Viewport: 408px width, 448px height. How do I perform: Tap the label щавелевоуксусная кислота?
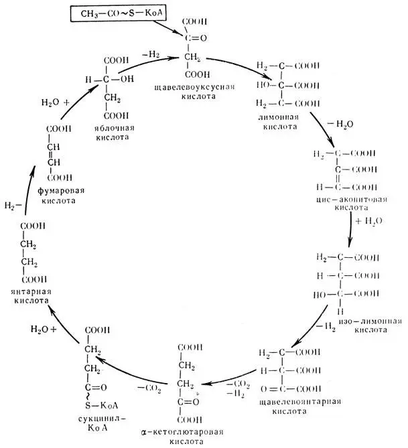[x=202, y=91]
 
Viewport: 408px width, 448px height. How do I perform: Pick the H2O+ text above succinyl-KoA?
[x=42, y=329]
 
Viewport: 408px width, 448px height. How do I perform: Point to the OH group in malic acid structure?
[x=123, y=80]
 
